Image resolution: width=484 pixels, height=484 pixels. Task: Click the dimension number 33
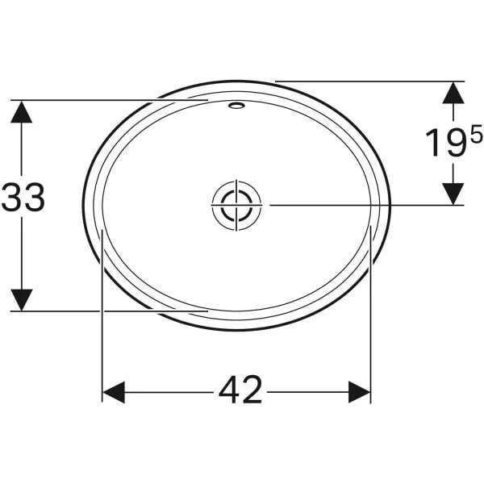[23, 198]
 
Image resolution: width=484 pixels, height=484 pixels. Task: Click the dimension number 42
[240, 390]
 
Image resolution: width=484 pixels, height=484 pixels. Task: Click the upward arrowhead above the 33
[21, 112]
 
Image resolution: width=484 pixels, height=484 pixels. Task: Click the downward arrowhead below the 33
[21, 300]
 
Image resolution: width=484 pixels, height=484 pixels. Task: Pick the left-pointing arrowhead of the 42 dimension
[113, 392]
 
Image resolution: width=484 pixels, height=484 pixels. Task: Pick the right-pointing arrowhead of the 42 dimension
[359, 392]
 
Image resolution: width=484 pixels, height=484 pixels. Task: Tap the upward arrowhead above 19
[453, 93]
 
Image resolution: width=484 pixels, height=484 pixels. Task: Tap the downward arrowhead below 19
[453, 194]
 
